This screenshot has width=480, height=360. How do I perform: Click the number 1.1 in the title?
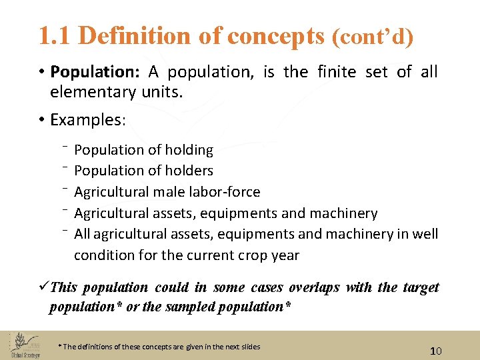point(55,36)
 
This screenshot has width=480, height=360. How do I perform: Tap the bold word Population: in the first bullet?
point(91,71)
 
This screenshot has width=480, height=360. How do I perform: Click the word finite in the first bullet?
point(336,71)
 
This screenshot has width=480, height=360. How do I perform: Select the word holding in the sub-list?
point(189,150)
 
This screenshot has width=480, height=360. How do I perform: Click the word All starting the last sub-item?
point(82,234)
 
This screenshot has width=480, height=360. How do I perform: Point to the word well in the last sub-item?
point(425,234)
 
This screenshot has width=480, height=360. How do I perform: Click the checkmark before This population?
point(43,287)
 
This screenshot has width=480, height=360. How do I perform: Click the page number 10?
point(435,351)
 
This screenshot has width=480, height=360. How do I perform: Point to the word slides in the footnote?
point(249,347)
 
